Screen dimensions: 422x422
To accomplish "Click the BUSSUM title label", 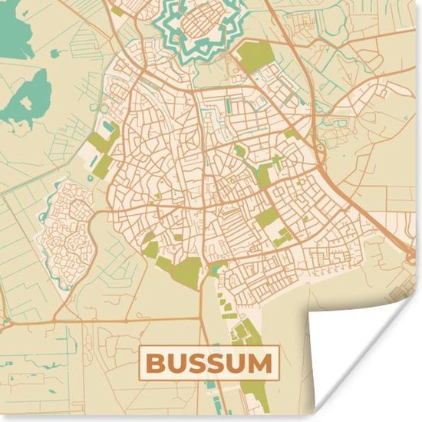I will point(209,362).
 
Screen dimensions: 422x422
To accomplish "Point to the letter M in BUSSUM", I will point(261,362).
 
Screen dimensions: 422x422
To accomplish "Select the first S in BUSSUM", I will point(197,362).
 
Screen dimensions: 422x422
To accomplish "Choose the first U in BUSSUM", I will point(176,362).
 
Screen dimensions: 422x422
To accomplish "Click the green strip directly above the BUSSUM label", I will point(243,333).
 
